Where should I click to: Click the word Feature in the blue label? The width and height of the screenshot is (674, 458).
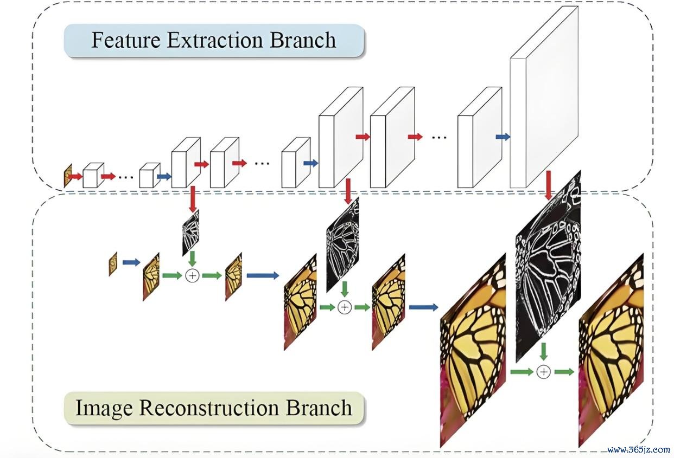point(126,40)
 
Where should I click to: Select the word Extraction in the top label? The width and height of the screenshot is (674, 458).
point(215,40)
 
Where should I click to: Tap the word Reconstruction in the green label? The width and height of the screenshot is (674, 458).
point(209,408)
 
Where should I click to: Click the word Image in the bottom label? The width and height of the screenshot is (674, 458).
point(104,409)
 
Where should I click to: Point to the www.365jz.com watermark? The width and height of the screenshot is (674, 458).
point(639,449)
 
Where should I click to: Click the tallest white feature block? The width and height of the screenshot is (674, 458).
point(544,97)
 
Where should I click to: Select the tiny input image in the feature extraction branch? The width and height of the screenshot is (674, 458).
point(68,176)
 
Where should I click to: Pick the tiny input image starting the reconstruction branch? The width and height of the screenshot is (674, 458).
point(113,264)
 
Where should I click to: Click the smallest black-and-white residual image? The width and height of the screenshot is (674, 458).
point(190,233)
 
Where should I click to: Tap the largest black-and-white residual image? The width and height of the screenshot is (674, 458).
point(548,266)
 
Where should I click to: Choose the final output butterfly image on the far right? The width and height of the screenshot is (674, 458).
point(611,350)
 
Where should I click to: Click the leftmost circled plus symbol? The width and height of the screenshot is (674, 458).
point(192,275)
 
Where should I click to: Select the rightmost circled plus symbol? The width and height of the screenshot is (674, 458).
point(543,372)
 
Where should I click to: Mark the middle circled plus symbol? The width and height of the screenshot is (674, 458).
point(345,307)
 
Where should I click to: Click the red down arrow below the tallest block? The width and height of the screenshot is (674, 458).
point(549,185)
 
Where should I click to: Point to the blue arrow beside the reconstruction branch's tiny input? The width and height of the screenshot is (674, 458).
point(131,262)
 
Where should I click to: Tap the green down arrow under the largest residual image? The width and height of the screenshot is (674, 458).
point(543,352)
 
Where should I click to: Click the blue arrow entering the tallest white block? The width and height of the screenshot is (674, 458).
point(503,137)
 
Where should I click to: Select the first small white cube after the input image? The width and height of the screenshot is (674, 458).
point(93,176)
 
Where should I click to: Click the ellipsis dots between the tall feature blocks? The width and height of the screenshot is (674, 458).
point(439,137)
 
